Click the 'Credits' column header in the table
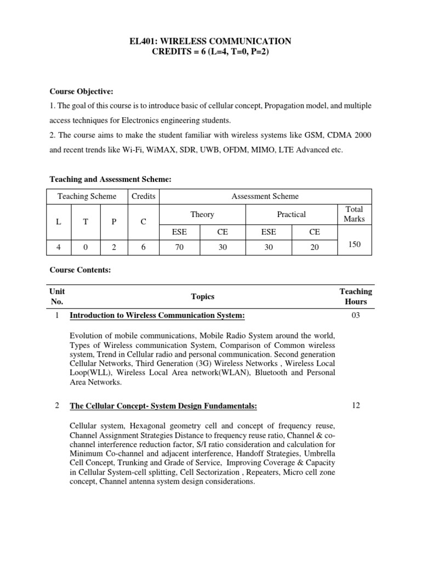(143, 196)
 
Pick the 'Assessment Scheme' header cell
(265, 196)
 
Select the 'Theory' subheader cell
(202, 214)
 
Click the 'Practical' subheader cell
(292, 214)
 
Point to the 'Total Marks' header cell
(354, 214)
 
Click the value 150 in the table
(354, 244)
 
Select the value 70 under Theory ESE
(179, 247)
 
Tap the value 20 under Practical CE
(314, 247)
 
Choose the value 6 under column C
(143, 247)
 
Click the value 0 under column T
(86, 247)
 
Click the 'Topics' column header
(202, 296)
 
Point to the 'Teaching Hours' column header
(355, 296)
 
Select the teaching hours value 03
(355, 316)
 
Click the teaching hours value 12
(355, 405)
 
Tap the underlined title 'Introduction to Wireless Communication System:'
(157, 316)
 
